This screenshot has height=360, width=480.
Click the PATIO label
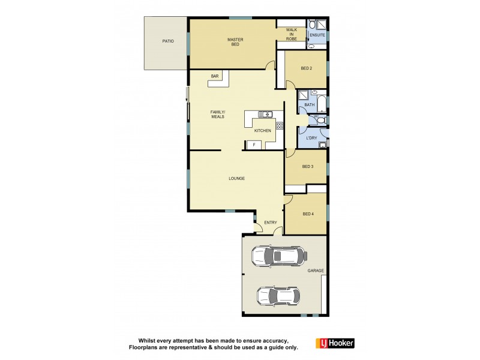tap(167, 41)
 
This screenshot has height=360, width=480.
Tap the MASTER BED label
tap(235, 42)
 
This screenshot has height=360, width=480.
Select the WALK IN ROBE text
tap(291, 34)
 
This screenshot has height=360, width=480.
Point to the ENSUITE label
tap(317, 35)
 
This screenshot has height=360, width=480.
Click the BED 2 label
tap(306, 68)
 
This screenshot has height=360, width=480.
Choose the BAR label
tap(214, 76)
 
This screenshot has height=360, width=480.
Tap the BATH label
tap(309, 105)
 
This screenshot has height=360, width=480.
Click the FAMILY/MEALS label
tap(217, 114)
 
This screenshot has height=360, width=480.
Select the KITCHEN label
tap(262, 130)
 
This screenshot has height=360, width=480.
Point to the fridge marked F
tap(254, 145)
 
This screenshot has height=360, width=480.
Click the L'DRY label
tap(311, 138)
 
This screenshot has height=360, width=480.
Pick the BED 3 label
tap(307, 166)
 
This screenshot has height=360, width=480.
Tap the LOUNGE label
tap(236, 178)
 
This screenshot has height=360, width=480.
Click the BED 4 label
tap(307, 214)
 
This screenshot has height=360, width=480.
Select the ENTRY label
tap(271, 223)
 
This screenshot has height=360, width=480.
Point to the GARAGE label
tap(316, 271)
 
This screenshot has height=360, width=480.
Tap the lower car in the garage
tap(277, 296)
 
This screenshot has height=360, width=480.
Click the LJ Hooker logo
tap(335, 343)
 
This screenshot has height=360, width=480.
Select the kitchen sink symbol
tap(265, 114)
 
